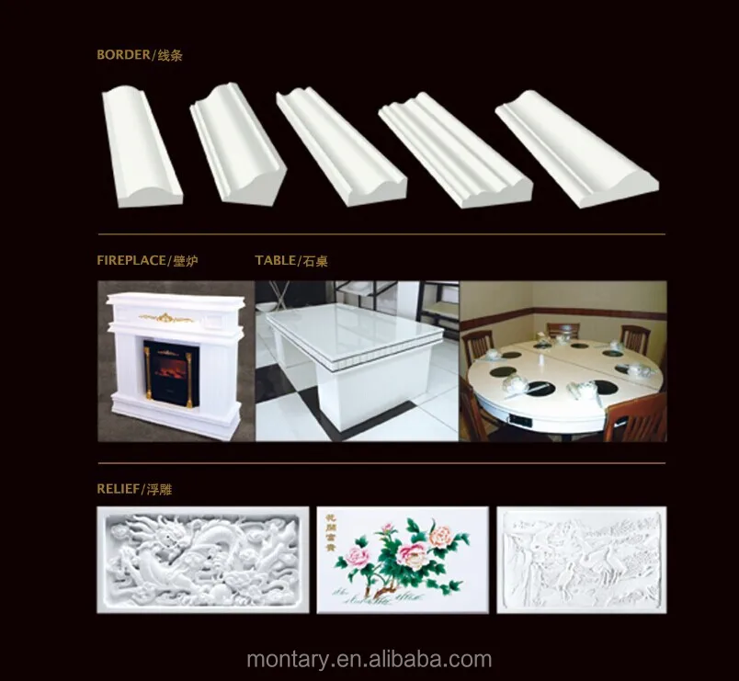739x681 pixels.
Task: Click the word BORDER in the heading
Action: click(123, 55)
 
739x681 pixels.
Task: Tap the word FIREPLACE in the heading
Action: click(132, 261)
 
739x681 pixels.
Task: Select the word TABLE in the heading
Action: click(275, 261)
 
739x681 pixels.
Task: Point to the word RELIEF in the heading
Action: click(119, 490)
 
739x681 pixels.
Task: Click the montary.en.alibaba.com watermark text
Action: click(369, 659)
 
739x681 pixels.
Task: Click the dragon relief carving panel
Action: click(202, 559)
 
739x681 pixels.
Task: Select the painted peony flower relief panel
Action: click(403, 560)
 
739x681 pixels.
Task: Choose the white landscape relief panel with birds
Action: click(581, 559)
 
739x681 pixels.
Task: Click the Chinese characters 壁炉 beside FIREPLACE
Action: click(185, 261)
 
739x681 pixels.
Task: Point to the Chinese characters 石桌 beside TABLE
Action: click(314, 261)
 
